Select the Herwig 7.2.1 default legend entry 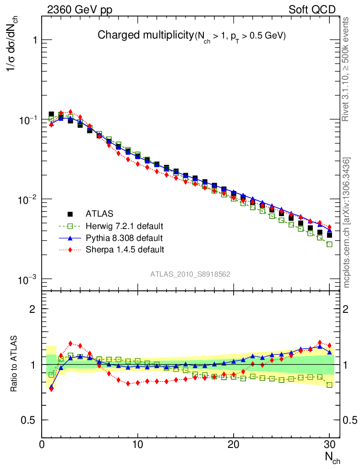(124, 226)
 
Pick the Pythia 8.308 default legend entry (124, 238)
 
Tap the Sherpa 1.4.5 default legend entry (125, 250)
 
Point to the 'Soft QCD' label (312, 10)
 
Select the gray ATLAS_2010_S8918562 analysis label (190, 274)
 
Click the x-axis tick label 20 (234, 445)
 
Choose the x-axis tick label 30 (329, 445)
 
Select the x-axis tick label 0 (42, 445)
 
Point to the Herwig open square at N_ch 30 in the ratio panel (329, 385)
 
